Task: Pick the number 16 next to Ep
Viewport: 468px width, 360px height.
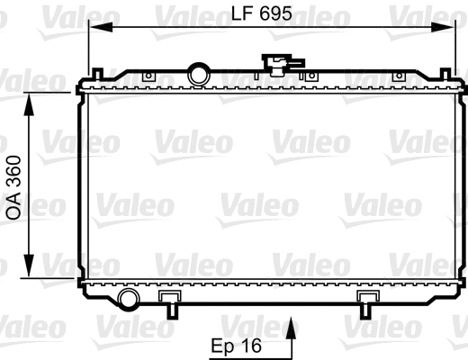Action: [254, 346]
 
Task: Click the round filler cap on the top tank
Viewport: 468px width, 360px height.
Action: [197, 73]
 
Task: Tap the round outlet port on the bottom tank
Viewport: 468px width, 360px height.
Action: [129, 299]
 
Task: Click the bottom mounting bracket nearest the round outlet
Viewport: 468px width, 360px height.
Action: [169, 301]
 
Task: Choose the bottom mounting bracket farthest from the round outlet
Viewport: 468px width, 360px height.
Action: [367, 301]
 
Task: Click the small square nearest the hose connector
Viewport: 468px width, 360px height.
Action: [310, 75]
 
